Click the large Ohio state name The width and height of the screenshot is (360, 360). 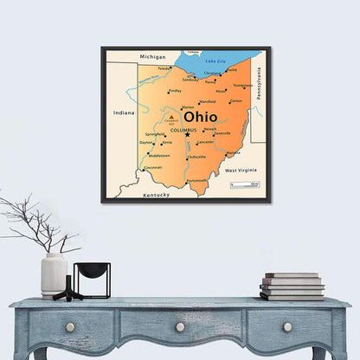(200, 116)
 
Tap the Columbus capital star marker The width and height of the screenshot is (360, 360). (187, 134)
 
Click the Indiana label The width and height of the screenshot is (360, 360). (124, 112)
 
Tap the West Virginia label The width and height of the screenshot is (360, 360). (241, 171)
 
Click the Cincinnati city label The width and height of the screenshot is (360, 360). (152, 167)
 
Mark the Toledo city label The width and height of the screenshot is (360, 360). (164, 67)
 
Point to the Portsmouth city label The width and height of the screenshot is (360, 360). (196, 180)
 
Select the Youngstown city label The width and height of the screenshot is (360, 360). (243, 85)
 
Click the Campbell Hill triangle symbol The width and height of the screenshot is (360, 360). (172, 114)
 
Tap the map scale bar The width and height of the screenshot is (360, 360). (245, 183)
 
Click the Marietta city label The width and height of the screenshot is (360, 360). (234, 153)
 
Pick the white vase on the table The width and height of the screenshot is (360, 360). (54, 274)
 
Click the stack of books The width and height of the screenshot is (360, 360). (292, 286)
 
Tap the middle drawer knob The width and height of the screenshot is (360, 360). (180, 327)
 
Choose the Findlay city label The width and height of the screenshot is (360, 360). (175, 90)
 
